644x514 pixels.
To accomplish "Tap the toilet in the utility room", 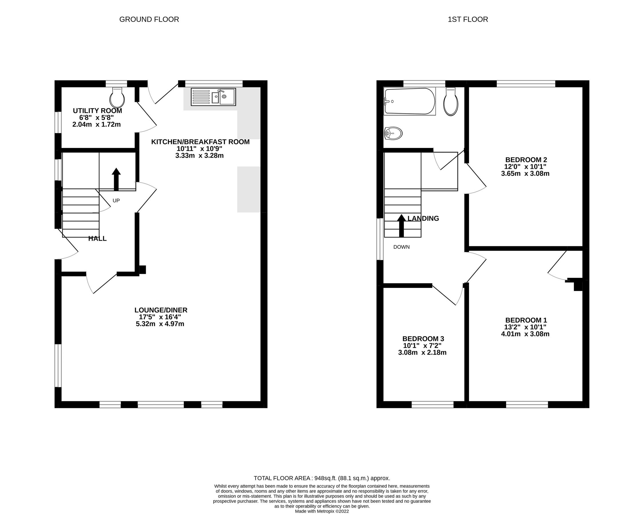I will (117, 98).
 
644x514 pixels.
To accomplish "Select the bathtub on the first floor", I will (410, 101).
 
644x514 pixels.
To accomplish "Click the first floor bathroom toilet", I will (451, 102).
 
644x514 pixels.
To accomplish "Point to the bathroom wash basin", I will (393, 133).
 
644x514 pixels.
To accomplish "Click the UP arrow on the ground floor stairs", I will (116, 179).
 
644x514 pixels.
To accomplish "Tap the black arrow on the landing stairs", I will (401, 226).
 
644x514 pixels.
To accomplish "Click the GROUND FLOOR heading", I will (149, 19).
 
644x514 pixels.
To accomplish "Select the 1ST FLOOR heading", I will (468, 19).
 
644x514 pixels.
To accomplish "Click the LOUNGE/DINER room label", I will (161, 310).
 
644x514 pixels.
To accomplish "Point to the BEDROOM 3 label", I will (423, 339).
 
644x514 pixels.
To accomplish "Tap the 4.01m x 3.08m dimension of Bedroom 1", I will (525, 334).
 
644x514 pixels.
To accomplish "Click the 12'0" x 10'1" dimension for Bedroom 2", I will (525, 166).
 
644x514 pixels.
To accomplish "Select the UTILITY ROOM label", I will (98, 111).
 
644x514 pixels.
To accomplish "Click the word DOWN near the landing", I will (401, 247).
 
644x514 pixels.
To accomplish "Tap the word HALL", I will (98, 238).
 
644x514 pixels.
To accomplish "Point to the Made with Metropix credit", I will (322, 511).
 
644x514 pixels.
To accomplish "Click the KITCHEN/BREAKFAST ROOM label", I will (200, 142).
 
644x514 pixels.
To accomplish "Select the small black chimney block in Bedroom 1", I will (577, 284).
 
